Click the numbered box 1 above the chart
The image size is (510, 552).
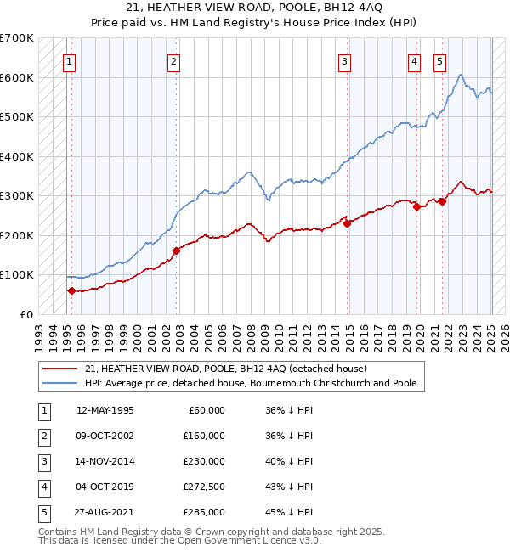pyautogui.click(x=68, y=60)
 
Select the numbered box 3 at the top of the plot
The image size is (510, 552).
pyautogui.click(x=344, y=60)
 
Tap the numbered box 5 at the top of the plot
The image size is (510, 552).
pyautogui.click(x=439, y=60)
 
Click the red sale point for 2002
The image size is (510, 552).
pyautogui.click(x=177, y=251)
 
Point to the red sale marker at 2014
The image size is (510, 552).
pyautogui.click(x=348, y=223)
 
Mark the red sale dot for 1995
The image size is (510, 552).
pyautogui.click(x=71, y=290)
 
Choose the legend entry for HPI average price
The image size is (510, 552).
pyautogui.click(x=251, y=383)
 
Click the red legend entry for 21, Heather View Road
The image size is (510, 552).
pyautogui.click(x=225, y=369)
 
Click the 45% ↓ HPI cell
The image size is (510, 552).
pyautogui.click(x=289, y=512)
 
